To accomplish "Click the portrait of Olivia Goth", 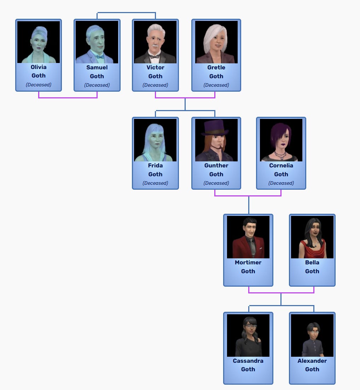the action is point(39,42).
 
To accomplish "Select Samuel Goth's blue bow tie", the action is point(100,56).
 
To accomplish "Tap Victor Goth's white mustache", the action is point(155,46).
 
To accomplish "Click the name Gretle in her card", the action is point(216,67).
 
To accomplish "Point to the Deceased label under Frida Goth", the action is point(155,183).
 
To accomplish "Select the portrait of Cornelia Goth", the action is point(281,140).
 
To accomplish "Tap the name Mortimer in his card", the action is point(248,263).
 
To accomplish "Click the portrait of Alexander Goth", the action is point(312,335).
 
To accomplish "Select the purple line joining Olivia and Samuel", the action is point(68,98).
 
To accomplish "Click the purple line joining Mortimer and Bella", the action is point(281,293).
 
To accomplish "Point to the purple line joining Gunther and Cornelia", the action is point(248,196).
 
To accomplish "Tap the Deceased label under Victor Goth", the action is point(155,85).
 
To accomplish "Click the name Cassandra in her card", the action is point(248,361).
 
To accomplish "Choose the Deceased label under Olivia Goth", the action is point(39,85).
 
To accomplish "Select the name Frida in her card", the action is point(155,165).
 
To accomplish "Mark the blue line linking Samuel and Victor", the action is point(126,13).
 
